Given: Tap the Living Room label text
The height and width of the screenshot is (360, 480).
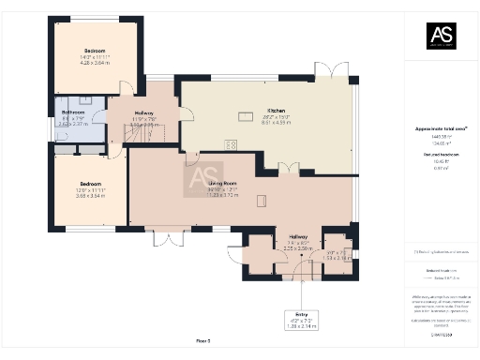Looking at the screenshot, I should click(222, 183).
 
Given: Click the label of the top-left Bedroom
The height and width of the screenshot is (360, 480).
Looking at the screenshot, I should click(96, 50).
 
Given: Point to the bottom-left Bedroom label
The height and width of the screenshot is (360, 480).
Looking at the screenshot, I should click(90, 183).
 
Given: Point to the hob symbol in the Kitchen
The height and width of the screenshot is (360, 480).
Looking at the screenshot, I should click(231, 142).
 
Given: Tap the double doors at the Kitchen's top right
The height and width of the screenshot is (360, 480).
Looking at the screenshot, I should click(327, 71).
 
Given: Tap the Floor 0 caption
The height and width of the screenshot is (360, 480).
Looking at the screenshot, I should click(202, 339).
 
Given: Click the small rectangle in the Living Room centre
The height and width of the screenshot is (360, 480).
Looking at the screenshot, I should click(262, 200).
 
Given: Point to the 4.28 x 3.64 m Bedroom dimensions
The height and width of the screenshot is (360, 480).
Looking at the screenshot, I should click(96, 63).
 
